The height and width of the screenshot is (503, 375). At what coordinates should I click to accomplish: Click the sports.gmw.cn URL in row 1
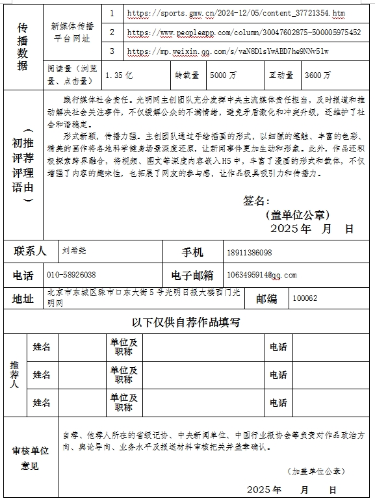click(237, 13)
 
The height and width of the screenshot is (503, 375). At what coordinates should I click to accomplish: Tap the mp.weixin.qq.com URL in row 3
click(228, 51)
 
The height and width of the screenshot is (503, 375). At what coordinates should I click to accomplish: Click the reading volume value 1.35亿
click(119, 75)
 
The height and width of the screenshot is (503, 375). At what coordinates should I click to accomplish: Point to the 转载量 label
click(185, 75)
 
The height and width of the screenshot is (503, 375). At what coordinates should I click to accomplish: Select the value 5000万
click(224, 75)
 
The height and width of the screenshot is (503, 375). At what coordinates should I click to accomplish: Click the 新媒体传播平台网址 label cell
click(75, 32)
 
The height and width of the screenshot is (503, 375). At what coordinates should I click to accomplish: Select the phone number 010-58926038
click(72, 275)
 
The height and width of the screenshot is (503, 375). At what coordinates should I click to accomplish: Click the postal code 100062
click(305, 298)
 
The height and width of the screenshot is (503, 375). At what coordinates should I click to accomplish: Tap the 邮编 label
click(266, 298)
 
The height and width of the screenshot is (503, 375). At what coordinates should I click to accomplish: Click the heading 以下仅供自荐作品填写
click(187, 322)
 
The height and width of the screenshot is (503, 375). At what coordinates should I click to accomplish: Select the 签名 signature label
click(256, 201)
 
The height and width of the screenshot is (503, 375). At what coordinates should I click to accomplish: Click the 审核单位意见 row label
click(30, 458)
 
